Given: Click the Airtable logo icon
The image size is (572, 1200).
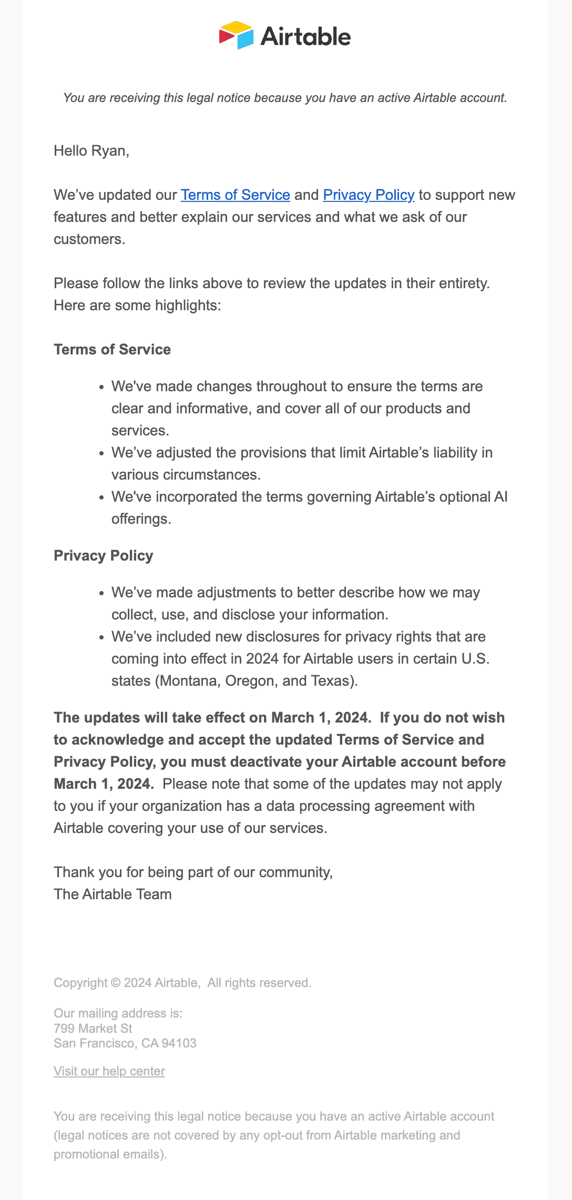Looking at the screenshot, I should (x=236, y=35).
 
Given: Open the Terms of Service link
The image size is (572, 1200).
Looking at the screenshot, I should (x=235, y=195).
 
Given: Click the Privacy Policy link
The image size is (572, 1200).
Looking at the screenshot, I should (x=369, y=195).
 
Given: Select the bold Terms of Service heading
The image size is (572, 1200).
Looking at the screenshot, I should (x=112, y=350).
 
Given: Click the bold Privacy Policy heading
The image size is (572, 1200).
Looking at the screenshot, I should (x=103, y=556).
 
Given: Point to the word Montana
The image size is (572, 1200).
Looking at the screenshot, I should (x=190, y=681).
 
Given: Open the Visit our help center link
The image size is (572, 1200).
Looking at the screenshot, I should (x=109, y=1071).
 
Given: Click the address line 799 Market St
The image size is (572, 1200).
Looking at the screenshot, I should (x=93, y=1028).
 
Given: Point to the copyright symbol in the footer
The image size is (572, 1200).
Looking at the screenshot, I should (x=116, y=983).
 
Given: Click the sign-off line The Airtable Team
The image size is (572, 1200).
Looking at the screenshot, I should (x=113, y=894).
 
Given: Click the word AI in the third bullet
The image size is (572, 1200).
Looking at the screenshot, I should (x=500, y=497).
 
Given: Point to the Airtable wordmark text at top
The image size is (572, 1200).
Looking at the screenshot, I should (x=305, y=36).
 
